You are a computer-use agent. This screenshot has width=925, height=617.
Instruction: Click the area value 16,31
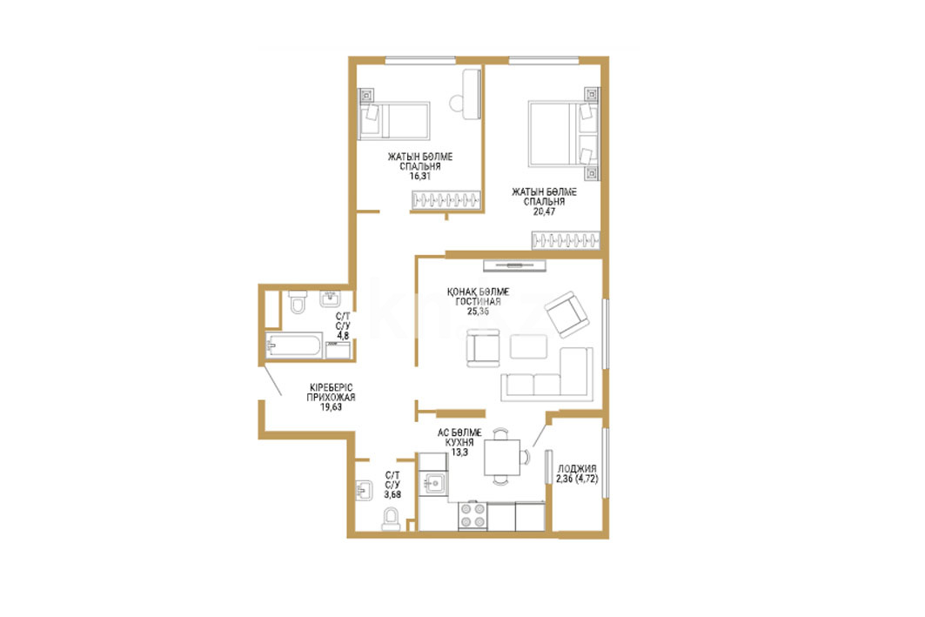(x=419, y=176)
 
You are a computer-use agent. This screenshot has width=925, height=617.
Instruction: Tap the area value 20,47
(x=544, y=211)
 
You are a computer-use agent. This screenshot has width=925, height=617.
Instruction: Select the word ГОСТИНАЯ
(x=478, y=301)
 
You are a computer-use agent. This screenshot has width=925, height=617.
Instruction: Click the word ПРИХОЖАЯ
(x=331, y=397)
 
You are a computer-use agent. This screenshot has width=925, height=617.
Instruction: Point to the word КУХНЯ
(x=459, y=442)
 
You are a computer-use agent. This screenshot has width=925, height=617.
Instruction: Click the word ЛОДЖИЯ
(x=576, y=469)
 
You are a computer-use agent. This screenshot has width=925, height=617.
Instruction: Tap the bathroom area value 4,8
(x=343, y=336)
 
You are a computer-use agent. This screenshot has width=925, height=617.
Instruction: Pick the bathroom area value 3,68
(x=392, y=494)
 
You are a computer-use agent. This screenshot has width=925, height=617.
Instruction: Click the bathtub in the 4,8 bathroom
(x=294, y=345)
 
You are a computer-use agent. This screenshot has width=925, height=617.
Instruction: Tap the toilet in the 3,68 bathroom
(x=390, y=520)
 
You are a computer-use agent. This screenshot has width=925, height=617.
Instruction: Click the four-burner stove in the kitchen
(x=473, y=515)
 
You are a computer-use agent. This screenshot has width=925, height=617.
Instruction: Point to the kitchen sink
(x=433, y=483)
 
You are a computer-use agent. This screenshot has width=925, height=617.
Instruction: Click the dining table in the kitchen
(x=502, y=457)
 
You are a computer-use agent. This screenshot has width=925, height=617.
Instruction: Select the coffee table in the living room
(x=528, y=346)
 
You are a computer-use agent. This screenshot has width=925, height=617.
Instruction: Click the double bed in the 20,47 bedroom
(x=563, y=134)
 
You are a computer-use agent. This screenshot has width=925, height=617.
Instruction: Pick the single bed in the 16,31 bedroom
(x=394, y=121)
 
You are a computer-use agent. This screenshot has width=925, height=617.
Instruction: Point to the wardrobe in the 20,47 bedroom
(x=566, y=241)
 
